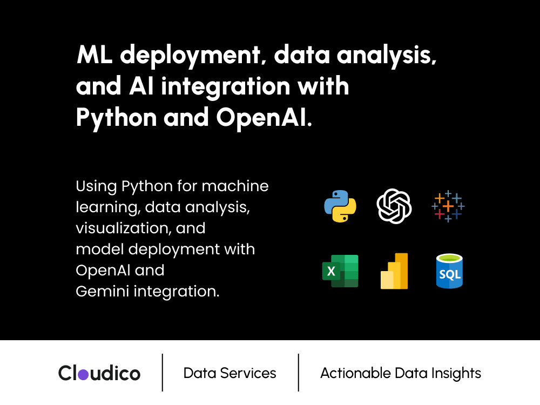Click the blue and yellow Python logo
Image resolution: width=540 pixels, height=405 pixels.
(x=340, y=206)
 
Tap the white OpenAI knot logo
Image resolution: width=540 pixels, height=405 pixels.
(x=394, y=206)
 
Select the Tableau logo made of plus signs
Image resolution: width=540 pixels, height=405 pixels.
(x=448, y=206)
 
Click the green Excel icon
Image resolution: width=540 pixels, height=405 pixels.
(x=340, y=271)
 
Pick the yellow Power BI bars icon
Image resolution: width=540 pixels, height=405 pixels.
(x=394, y=271)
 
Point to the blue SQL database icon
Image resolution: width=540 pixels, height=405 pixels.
(x=449, y=271)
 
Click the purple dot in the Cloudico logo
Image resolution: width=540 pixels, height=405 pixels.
(x=83, y=374)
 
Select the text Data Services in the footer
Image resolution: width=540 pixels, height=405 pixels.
(x=230, y=373)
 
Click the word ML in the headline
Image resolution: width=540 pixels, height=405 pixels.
(x=94, y=55)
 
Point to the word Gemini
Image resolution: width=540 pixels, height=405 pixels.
(x=103, y=292)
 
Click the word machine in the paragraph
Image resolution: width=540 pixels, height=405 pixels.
(x=235, y=186)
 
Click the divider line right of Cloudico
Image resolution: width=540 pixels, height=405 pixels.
(x=162, y=372)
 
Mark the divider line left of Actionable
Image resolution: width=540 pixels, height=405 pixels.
(x=298, y=372)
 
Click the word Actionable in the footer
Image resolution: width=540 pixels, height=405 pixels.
(x=356, y=373)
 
